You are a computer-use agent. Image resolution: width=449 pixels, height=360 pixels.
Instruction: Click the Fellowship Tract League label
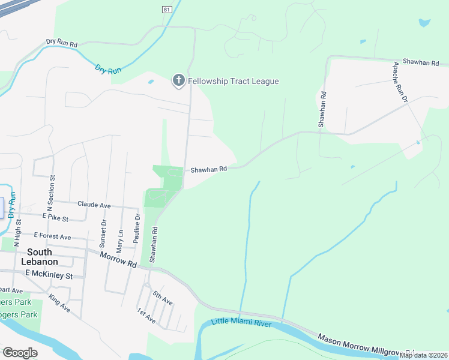tap(234, 81)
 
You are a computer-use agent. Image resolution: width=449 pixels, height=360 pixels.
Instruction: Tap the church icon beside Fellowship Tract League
tap(178, 80)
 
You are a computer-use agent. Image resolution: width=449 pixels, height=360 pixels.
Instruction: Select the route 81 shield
tap(166, 9)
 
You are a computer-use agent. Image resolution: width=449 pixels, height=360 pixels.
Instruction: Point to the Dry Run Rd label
tap(62, 44)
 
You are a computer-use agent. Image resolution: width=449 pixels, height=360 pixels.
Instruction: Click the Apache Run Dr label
tap(400, 82)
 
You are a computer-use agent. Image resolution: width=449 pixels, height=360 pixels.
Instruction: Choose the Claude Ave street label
tap(94, 205)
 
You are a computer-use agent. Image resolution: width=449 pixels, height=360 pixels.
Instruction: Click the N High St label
tap(17, 228)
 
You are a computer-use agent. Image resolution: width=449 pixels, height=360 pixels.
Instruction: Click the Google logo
tap(20, 353)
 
